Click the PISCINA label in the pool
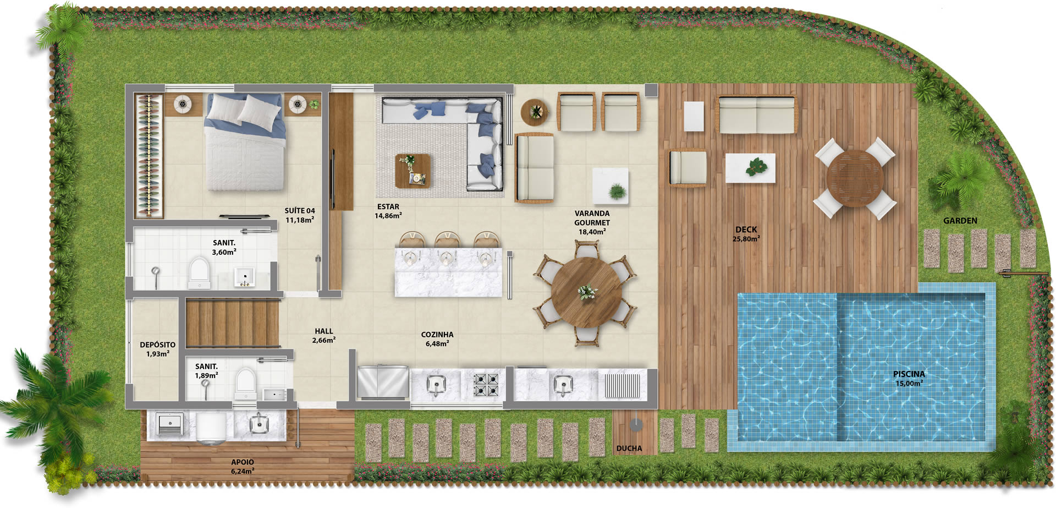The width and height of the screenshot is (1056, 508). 909,374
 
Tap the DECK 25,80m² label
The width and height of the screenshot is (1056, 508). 746,234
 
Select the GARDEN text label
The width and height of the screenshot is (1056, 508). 960,221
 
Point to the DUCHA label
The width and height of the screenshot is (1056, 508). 629,449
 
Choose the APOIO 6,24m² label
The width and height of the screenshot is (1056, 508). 243,467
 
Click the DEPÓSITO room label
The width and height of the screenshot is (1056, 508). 158,345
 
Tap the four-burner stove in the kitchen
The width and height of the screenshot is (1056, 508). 486,384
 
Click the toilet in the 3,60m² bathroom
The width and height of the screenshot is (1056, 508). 199,272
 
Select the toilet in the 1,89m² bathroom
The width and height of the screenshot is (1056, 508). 245,384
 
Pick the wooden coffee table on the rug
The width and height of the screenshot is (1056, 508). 413,171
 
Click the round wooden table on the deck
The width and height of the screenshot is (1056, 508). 855,178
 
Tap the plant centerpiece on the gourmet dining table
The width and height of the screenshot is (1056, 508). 587,292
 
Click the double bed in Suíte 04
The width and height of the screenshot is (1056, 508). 245,141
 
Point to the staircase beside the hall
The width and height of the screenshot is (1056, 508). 233,323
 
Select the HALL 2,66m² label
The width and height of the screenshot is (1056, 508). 324,336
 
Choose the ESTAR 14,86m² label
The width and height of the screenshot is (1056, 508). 388,211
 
